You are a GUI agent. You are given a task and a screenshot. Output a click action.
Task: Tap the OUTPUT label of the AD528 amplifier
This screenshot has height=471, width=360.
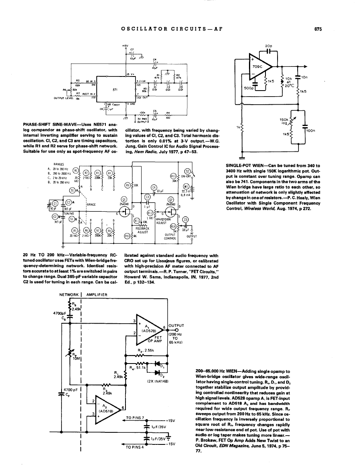[177, 326]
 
